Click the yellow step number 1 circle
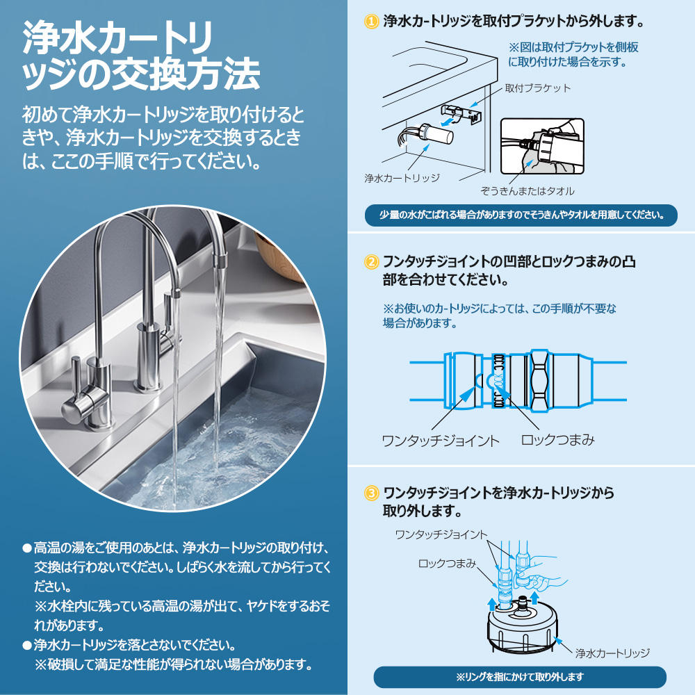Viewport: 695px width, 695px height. pyautogui.click(x=371, y=21)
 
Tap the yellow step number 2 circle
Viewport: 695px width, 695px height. pyautogui.click(x=371, y=261)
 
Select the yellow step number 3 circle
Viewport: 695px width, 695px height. pyautogui.click(x=371, y=493)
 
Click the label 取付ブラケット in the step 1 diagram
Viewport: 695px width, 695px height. pyautogui.click(x=538, y=88)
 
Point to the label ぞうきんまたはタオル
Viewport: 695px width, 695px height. pyautogui.click(x=528, y=191)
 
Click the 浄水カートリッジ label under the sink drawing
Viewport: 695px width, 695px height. pyautogui.click(x=402, y=178)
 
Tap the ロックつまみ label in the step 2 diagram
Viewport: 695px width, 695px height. pyautogui.click(x=557, y=440)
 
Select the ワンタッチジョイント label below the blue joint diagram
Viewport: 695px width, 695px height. pyautogui.click(x=441, y=441)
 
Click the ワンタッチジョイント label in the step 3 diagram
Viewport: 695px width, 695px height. pyautogui.click(x=441, y=534)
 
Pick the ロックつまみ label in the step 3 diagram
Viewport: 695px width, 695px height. pyautogui.click(x=447, y=564)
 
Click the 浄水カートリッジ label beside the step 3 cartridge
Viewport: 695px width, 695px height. pyautogui.click(x=612, y=653)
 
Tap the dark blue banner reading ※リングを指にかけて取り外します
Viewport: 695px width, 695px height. pyautogui.click(x=520, y=677)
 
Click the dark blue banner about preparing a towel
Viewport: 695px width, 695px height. pyautogui.click(x=521, y=215)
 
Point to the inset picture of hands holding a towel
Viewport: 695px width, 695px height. pyautogui.click(x=542, y=146)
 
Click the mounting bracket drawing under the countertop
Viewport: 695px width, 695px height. pyautogui.click(x=461, y=113)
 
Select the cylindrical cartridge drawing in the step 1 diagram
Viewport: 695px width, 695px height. pyautogui.click(x=436, y=133)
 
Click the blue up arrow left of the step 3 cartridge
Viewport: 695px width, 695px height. pyautogui.click(x=492, y=604)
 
